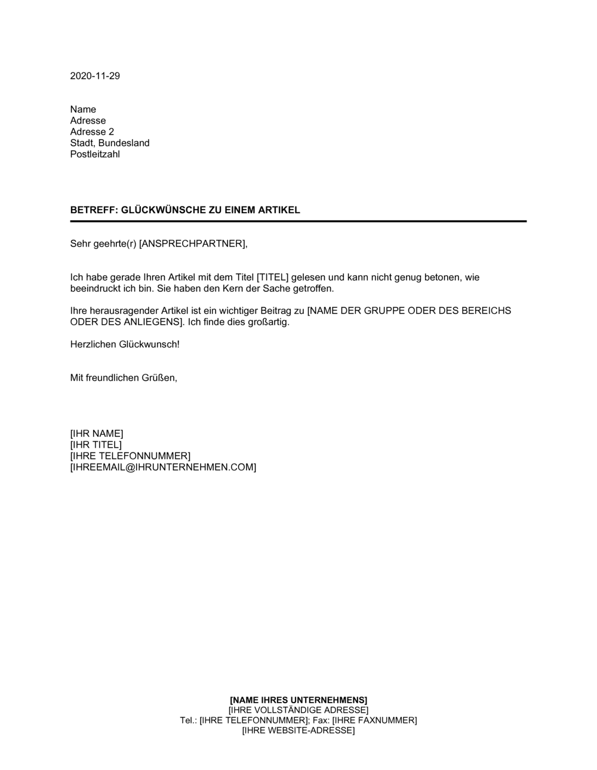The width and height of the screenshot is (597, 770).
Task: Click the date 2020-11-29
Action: (x=95, y=76)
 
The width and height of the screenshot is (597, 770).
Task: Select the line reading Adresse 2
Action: (x=92, y=132)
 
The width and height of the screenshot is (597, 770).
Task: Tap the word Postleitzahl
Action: (x=95, y=155)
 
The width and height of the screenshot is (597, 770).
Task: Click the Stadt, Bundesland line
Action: (x=110, y=143)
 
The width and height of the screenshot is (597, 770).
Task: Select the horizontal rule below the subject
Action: (x=298, y=221)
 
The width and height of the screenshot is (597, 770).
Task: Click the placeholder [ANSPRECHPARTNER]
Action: (x=192, y=244)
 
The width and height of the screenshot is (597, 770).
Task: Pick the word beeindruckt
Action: (x=95, y=289)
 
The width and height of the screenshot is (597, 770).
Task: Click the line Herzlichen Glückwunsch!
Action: (x=125, y=344)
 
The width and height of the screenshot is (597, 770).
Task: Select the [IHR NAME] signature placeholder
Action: (x=97, y=434)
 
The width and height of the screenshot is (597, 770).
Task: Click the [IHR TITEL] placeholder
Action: (x=96, y=445)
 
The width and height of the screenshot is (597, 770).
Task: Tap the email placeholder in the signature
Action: (x=163, y=467)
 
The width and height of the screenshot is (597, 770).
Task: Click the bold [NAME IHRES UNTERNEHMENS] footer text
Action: (x=298, y=700)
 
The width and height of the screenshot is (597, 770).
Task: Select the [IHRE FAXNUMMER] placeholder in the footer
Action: (x=374, y=720)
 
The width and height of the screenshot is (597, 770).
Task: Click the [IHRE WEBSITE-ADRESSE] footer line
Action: (x=298, y=731)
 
